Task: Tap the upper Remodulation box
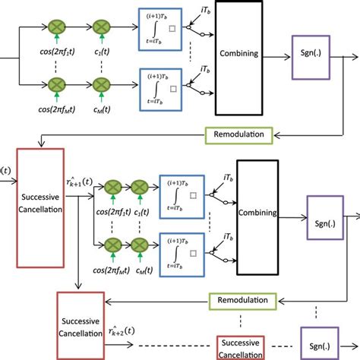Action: coord(238,134)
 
